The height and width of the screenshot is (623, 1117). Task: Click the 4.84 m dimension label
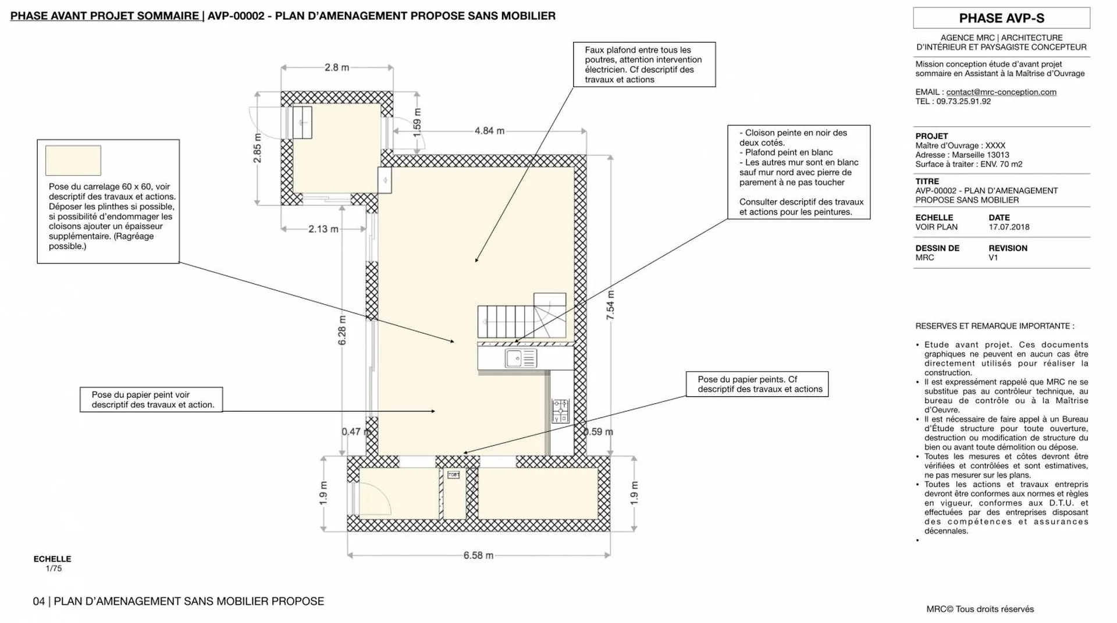(489, 131)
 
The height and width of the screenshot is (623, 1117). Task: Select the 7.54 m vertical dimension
(610, 305)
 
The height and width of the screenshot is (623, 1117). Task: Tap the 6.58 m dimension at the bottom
(478, 556)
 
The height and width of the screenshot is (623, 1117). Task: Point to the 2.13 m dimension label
(323, 229)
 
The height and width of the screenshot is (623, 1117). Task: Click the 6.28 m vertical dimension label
(342, 330)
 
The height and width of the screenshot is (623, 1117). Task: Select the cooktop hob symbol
(560, 411)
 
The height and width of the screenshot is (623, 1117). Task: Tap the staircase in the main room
(521, 317)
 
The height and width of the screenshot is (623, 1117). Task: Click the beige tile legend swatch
(73, 161)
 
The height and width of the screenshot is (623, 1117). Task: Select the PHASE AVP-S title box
(1001, 18)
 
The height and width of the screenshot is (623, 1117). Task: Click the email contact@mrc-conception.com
(1001, 92)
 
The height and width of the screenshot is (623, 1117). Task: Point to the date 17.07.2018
(1009, 227)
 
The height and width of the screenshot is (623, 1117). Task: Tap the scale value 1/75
(54, 568)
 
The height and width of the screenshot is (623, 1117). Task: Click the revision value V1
(993, 257)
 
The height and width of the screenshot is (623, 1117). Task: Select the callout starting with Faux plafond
(644, 65)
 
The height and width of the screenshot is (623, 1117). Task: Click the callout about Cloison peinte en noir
(799, 172)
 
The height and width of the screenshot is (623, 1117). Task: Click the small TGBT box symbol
(453, 475)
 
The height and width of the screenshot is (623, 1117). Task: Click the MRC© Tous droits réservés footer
(980, 609)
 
